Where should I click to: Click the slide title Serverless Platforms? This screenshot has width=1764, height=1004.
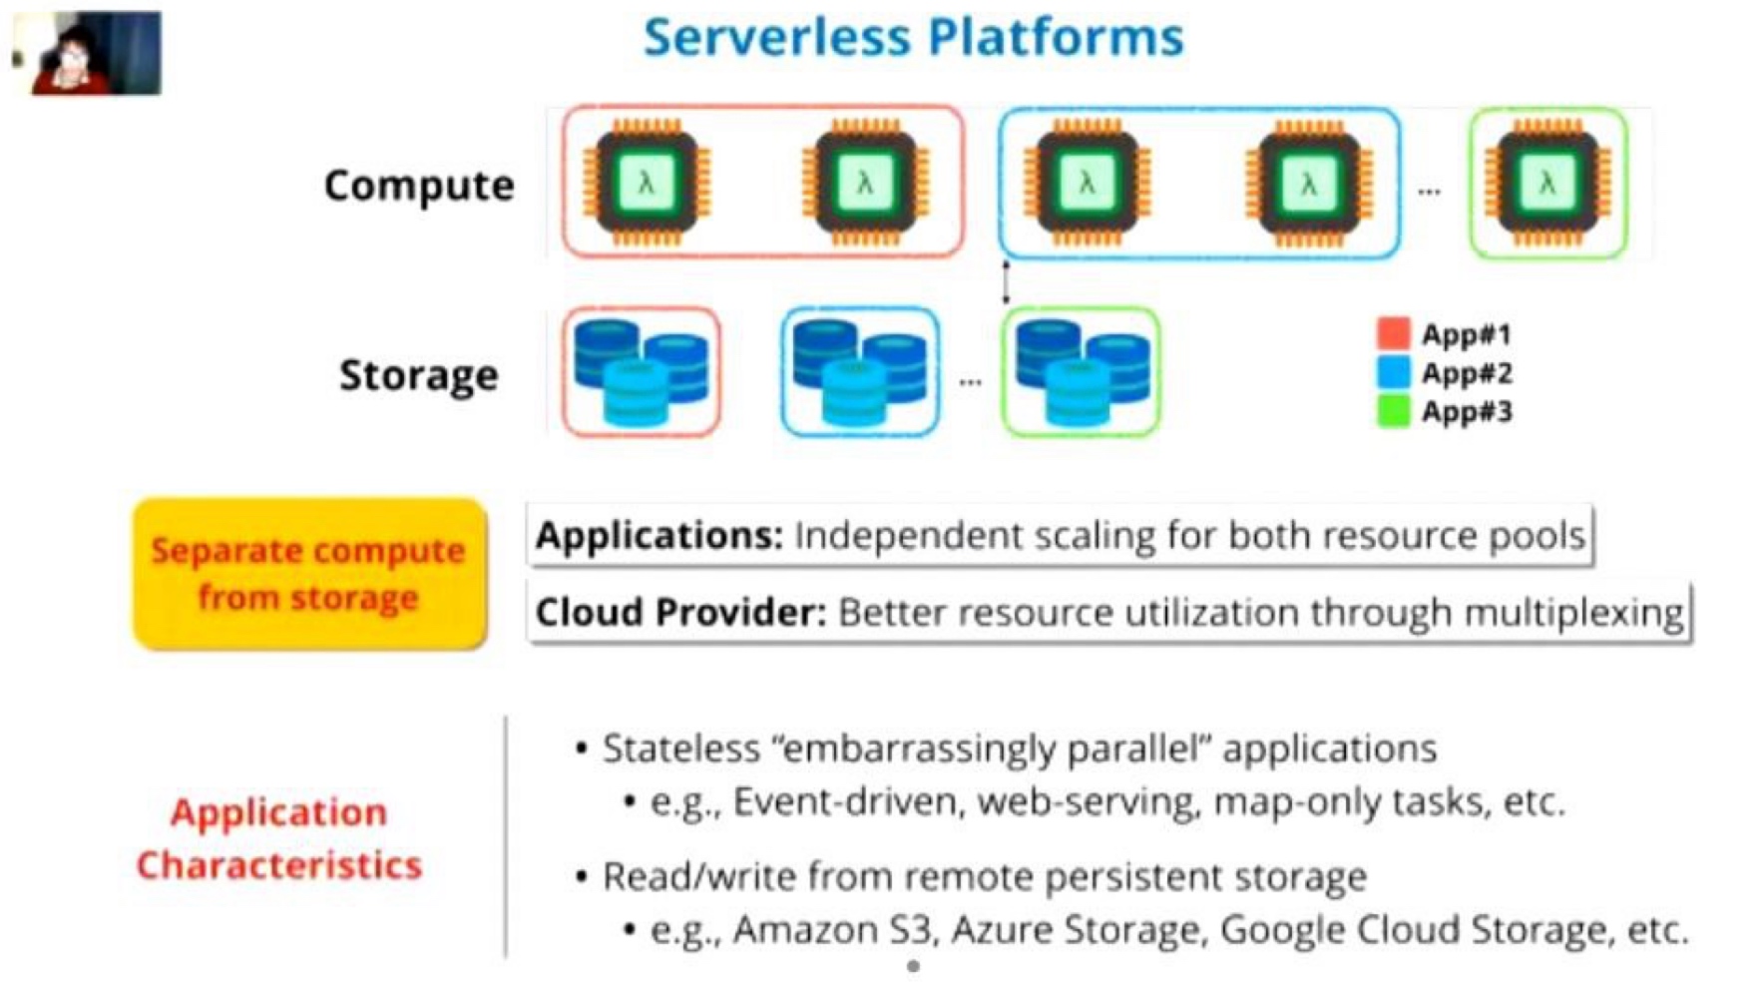(x=913, y=37)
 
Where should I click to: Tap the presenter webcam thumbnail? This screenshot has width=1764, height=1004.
(x=87, y=53)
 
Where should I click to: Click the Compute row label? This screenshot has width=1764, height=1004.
(x=419, y=186)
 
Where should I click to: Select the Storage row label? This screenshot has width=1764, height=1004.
(x=419, y=375)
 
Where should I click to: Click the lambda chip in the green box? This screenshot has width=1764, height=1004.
(x=1546, y=183)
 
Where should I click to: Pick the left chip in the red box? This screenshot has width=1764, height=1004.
(x=647, y=183)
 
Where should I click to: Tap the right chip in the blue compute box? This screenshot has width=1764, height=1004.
(x=1308, y=183)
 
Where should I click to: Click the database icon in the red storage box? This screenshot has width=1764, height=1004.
(x=642, y=372)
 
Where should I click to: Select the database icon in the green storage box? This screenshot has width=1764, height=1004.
(x=1082, y=372)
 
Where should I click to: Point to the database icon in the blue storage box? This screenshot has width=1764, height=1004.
(x=860, y=372)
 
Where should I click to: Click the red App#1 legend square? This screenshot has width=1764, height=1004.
(x=1393, y=333)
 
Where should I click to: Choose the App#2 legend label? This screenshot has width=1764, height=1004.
(x=1467, y=373)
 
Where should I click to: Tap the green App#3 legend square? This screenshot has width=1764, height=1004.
(x=1393, y=411)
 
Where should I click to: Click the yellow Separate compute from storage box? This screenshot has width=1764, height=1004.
(x=309, y=574)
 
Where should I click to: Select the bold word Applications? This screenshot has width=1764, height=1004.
(x=660, y=536)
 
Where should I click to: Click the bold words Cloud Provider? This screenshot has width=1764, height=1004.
(x=680, y=612)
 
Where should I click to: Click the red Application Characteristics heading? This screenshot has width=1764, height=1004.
(x=279, y=838)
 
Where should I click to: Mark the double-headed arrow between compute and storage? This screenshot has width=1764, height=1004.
(x=1006, y=282)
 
